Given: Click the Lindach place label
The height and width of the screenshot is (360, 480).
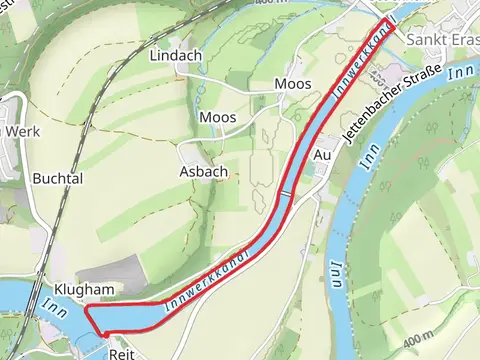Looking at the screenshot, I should tap(176, 56).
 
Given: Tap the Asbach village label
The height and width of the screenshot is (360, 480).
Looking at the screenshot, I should tap(203, 172).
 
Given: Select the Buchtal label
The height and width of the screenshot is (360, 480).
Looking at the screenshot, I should tap(57, 179).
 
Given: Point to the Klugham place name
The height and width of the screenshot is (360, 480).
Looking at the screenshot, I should tap(79, 289).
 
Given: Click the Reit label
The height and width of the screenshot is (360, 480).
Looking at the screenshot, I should tap(121, 353).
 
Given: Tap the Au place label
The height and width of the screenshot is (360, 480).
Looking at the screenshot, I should tap(322, 156).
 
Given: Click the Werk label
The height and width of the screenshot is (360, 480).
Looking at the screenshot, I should tap(23, 131).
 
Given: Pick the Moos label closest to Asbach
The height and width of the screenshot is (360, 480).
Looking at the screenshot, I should tap(218, 118).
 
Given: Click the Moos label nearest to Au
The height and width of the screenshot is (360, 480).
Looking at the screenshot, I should tap(292, 85).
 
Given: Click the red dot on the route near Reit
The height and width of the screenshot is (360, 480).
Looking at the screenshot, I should tap(105, 333).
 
